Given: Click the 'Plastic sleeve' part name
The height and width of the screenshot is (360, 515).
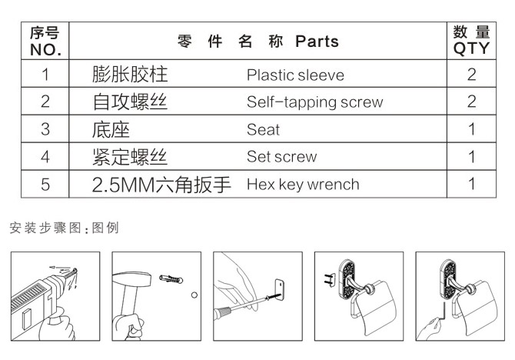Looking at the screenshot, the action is point(295,75).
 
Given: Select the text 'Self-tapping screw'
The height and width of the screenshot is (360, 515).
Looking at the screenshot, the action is point(314,102).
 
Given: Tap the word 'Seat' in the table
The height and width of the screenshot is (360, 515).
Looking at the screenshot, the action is point(263,129).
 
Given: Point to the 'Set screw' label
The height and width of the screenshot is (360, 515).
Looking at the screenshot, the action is point(282,157).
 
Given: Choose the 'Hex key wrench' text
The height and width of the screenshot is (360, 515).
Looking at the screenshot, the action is point(303,185).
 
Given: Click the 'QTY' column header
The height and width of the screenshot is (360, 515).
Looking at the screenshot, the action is point(471,48).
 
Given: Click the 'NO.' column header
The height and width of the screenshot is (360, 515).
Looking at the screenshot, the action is point(45,50).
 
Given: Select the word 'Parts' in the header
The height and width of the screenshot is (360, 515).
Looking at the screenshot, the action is point(317,42).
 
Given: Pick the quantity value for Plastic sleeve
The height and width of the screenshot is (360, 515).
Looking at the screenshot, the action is point(472,75).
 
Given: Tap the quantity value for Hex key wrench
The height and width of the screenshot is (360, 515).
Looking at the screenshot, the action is point(472,184).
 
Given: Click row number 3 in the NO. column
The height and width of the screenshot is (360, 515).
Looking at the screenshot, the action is point(45,129).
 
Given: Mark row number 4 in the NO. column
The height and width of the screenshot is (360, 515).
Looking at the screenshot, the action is point(45,157).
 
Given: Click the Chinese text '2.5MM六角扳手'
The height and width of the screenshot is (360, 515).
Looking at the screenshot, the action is point(161,185).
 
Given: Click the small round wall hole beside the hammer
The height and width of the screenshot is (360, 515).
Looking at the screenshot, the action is point(194,295).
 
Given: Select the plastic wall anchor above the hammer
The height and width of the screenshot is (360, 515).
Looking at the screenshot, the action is point(171,279).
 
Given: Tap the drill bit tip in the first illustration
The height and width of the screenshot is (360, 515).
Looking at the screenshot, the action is point(75,270).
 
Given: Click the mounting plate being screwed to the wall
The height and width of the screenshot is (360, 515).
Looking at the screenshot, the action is point(279,290).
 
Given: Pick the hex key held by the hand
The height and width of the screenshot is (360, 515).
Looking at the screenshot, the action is point(444,312).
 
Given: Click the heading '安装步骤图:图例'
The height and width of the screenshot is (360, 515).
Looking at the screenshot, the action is point(64,228).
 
